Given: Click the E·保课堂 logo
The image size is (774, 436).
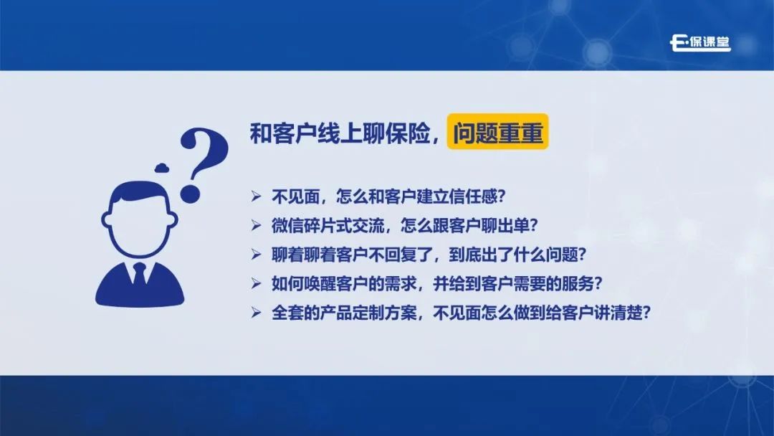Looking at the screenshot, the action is pyautogui.click(x=700, y=43).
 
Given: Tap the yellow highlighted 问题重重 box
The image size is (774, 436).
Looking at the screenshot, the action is pyautogui.click(x=497, y=131).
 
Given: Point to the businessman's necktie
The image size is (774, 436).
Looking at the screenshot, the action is pyautogui.click(x=140, y=275).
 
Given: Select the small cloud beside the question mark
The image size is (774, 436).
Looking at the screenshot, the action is pyautogui.click(x=162, y=168).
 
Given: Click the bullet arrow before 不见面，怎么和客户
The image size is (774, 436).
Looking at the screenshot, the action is pyautogui.click(x=256, y=196).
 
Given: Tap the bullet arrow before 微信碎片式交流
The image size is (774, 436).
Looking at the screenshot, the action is pyautogui.click(x=256, y=226).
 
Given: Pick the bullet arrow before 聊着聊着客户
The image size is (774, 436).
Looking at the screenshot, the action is pyautogui.click(x=256, y=255).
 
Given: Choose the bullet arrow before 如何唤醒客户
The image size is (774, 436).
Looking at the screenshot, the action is pyautogui.click(x=256, y=283).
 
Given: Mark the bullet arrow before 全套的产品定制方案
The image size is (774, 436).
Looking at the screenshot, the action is pyautogui.click(x=256, y=313).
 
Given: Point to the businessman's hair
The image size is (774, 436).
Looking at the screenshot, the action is pyautogui.click(x=139, y=194).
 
